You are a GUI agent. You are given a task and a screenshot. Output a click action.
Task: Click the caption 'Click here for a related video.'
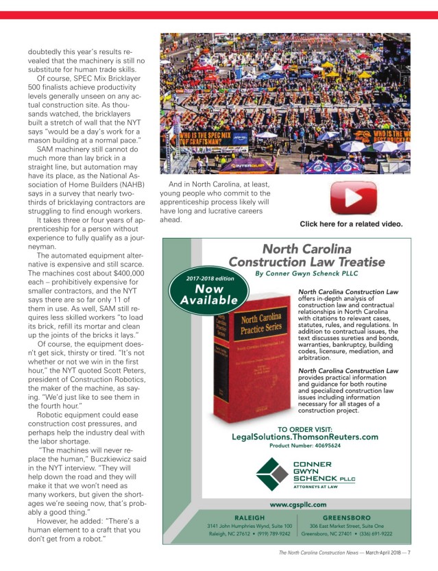coord(351,224)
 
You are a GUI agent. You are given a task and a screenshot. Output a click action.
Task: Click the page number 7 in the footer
coord(428,553)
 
